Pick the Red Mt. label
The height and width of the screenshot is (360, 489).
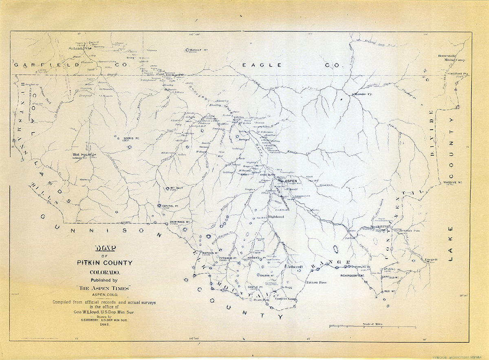[x=390, y=292]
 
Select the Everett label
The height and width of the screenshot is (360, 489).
[x=430, y=260]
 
